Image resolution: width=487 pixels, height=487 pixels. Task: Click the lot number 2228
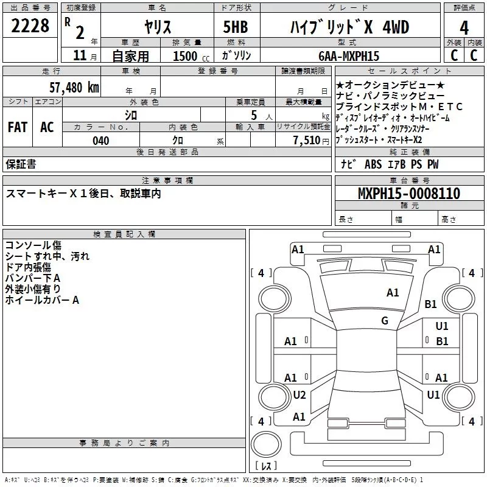pos(30,27)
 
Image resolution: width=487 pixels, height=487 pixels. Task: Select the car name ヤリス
pos(157,27)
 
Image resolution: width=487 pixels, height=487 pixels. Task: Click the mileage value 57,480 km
pos(74,87)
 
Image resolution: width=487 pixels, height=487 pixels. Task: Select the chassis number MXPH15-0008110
pos(408,194)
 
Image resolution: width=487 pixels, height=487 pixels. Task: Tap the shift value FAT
pos(17,127)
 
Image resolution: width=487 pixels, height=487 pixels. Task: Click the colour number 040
pos(100,141)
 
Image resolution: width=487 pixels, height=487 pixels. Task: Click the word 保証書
pos(21,164)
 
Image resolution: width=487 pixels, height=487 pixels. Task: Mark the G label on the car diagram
pos(385,321)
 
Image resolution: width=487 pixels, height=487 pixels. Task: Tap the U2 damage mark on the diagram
pos(300,395)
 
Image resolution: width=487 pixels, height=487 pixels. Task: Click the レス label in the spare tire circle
pos(266,466)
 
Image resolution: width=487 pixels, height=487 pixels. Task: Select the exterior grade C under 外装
pos(453,55)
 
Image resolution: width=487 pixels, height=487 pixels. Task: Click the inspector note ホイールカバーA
pos(43,300)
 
